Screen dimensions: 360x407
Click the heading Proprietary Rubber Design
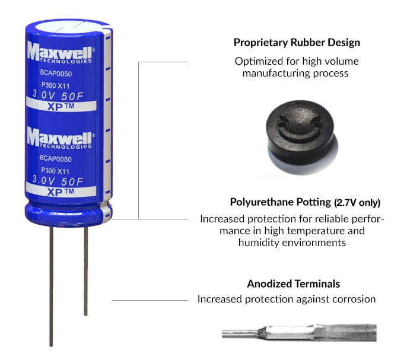[x=297, y=43]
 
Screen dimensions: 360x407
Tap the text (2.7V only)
[x=348, y=202]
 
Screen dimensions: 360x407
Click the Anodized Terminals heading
[x=293, y=283]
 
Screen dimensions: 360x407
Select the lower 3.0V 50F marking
[x=56, y=180]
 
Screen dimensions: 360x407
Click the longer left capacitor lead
[x=52, y=285]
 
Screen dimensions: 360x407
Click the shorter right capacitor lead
[x=86, y=270]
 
